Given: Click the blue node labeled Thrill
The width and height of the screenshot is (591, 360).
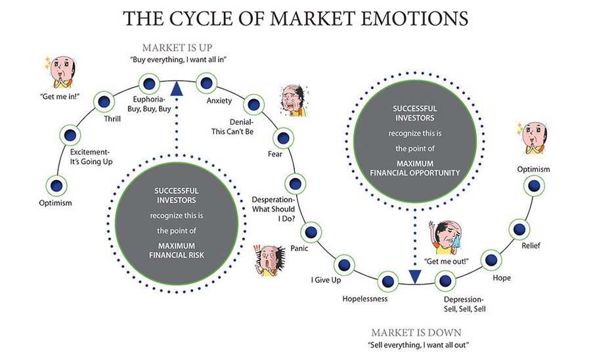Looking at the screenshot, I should pyautogui.click(x=104, y=102).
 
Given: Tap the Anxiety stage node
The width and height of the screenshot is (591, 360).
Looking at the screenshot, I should pyautogui.click(x=206, y=83).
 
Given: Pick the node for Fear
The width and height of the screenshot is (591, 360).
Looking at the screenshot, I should pyautogui.click(x=282, y=138).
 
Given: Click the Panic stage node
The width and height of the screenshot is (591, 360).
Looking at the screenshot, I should pyautogui.click(x=310, y=232).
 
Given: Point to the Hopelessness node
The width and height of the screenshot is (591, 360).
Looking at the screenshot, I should pyautogui.click(x=388, y=281).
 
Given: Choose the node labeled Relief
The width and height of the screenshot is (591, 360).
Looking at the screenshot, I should pyautogui.click(x=519, y=229).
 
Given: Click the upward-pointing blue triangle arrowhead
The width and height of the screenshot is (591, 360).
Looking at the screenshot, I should pyautogui.click(x=176, y=88).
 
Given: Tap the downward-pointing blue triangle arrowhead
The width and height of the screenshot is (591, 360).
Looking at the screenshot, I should pyautogui.click(x=415, y=277).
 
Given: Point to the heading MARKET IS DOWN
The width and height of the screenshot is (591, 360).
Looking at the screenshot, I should pyautogui.click(x=416, y=332).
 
